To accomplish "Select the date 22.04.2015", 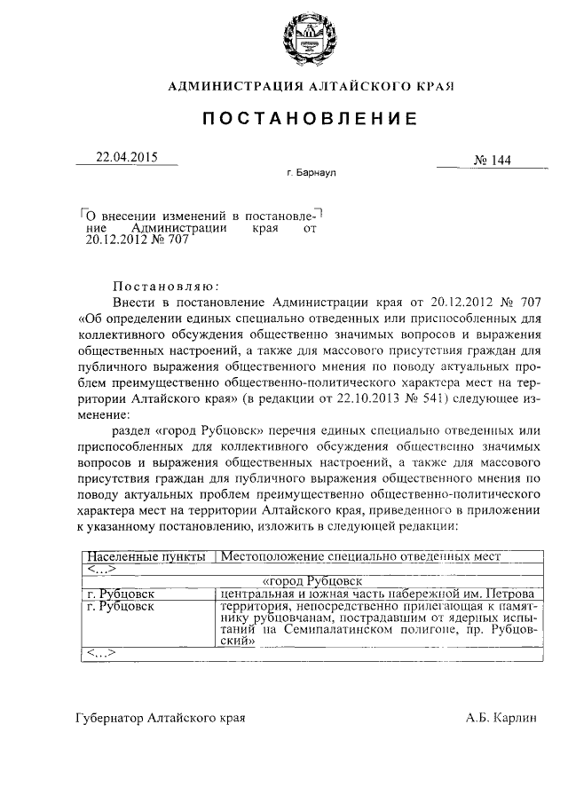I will pos(126,157).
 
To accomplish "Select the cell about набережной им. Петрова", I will pos(376,594).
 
